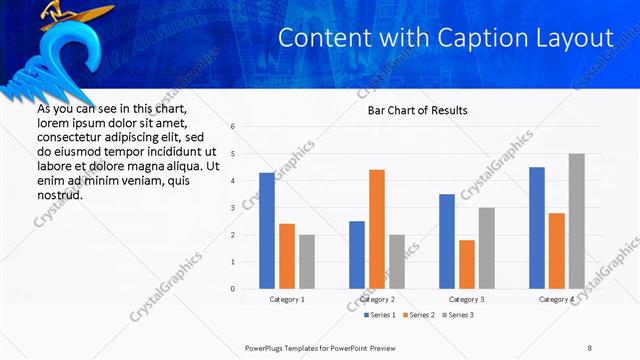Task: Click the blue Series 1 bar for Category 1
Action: click(267, 231)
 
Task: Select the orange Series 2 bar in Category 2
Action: click(377, 229)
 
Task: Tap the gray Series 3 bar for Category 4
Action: click(576, 221)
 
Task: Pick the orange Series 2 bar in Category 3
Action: click(467, 264)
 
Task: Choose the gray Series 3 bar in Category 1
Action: click(306, 262)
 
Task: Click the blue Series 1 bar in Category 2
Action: click(357, 255)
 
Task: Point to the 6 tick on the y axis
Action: click(232, 127)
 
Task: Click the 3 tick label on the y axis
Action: click(232, 208)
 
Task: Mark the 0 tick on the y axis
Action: click(232, 289)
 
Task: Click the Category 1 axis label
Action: click(287, 299)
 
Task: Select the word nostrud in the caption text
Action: click(59, 194)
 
